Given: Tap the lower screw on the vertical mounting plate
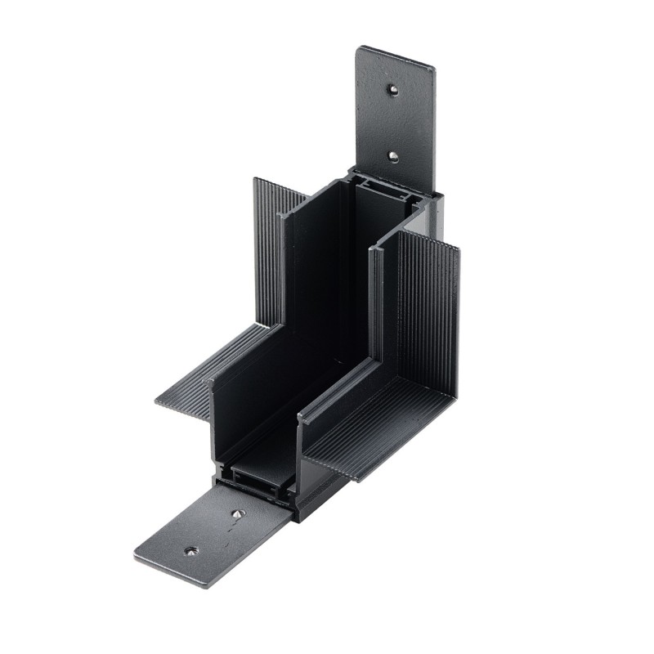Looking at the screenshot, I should point(393,155).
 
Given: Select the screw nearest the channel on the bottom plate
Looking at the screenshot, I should point(238,514).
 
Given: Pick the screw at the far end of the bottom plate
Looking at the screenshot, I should point(191,552).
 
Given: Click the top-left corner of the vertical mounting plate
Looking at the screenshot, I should point(359,49).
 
